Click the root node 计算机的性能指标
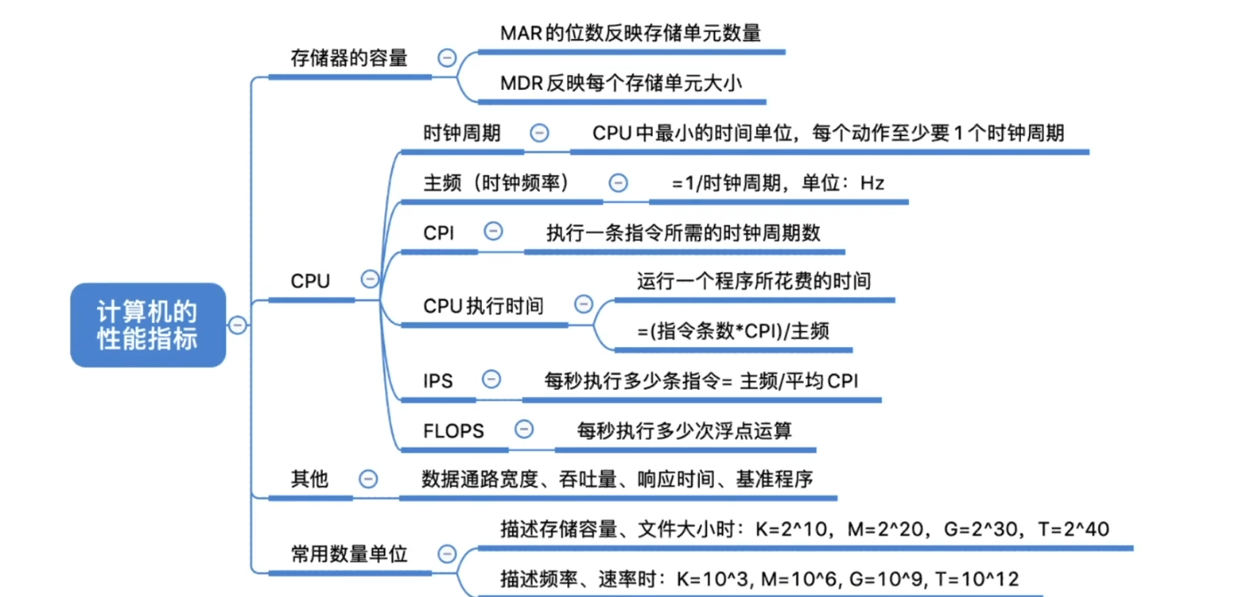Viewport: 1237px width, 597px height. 148,325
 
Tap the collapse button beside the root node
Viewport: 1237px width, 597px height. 237,325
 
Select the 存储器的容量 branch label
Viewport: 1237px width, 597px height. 349,59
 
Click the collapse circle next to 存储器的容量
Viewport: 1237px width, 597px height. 447,59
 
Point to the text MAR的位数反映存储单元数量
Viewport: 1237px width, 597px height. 631,33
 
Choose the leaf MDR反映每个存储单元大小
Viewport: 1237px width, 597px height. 621,84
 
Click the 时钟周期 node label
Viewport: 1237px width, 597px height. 462,133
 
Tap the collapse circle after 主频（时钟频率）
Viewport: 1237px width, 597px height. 618,183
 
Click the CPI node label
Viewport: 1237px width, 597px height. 439,233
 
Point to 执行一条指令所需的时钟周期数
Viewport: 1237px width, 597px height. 683,233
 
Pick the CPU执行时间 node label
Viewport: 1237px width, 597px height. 483,306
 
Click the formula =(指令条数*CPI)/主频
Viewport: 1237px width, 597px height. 733,331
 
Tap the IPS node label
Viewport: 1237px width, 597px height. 438,381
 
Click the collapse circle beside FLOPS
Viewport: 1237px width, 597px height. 525,430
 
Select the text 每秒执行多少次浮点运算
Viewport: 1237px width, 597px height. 684,431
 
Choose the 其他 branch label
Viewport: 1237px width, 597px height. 309,480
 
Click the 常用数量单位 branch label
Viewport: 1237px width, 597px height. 349,553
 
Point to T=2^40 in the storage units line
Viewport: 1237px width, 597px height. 1073,529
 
